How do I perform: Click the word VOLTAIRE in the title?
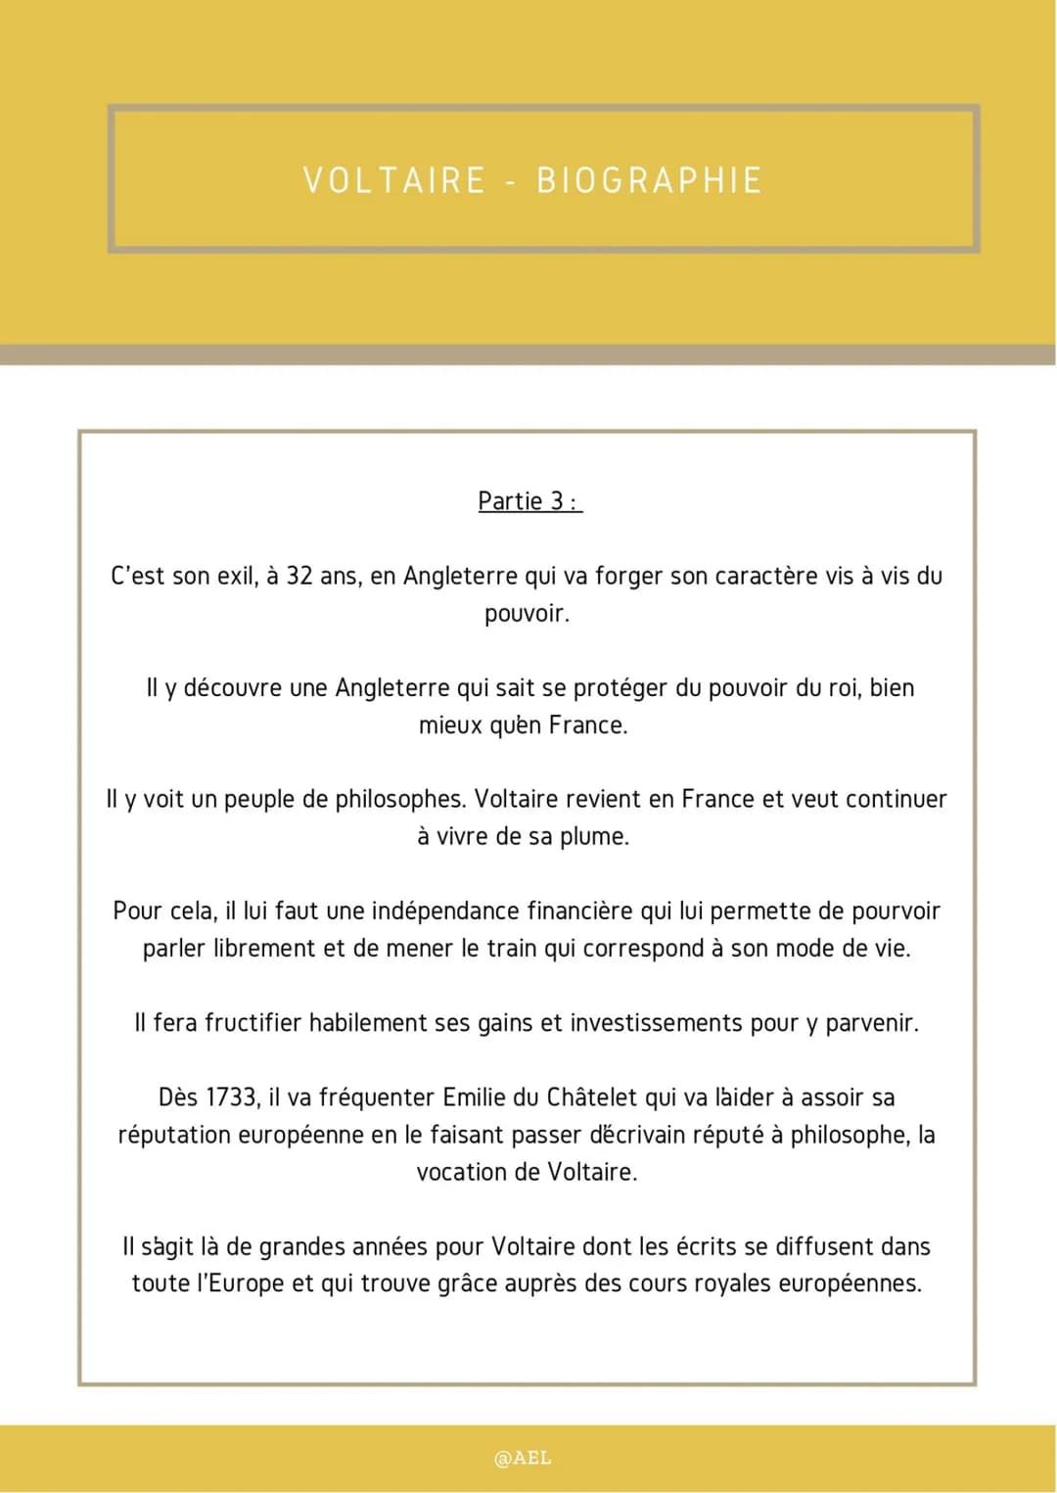click(394, 181)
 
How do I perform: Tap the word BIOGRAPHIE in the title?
click(650, 181)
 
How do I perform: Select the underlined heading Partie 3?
click(528, 501)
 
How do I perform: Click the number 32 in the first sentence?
click(299, 576)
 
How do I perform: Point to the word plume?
click(594, 837)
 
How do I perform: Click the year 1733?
click(233, 1097)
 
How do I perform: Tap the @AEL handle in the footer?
click(523, 1458)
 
